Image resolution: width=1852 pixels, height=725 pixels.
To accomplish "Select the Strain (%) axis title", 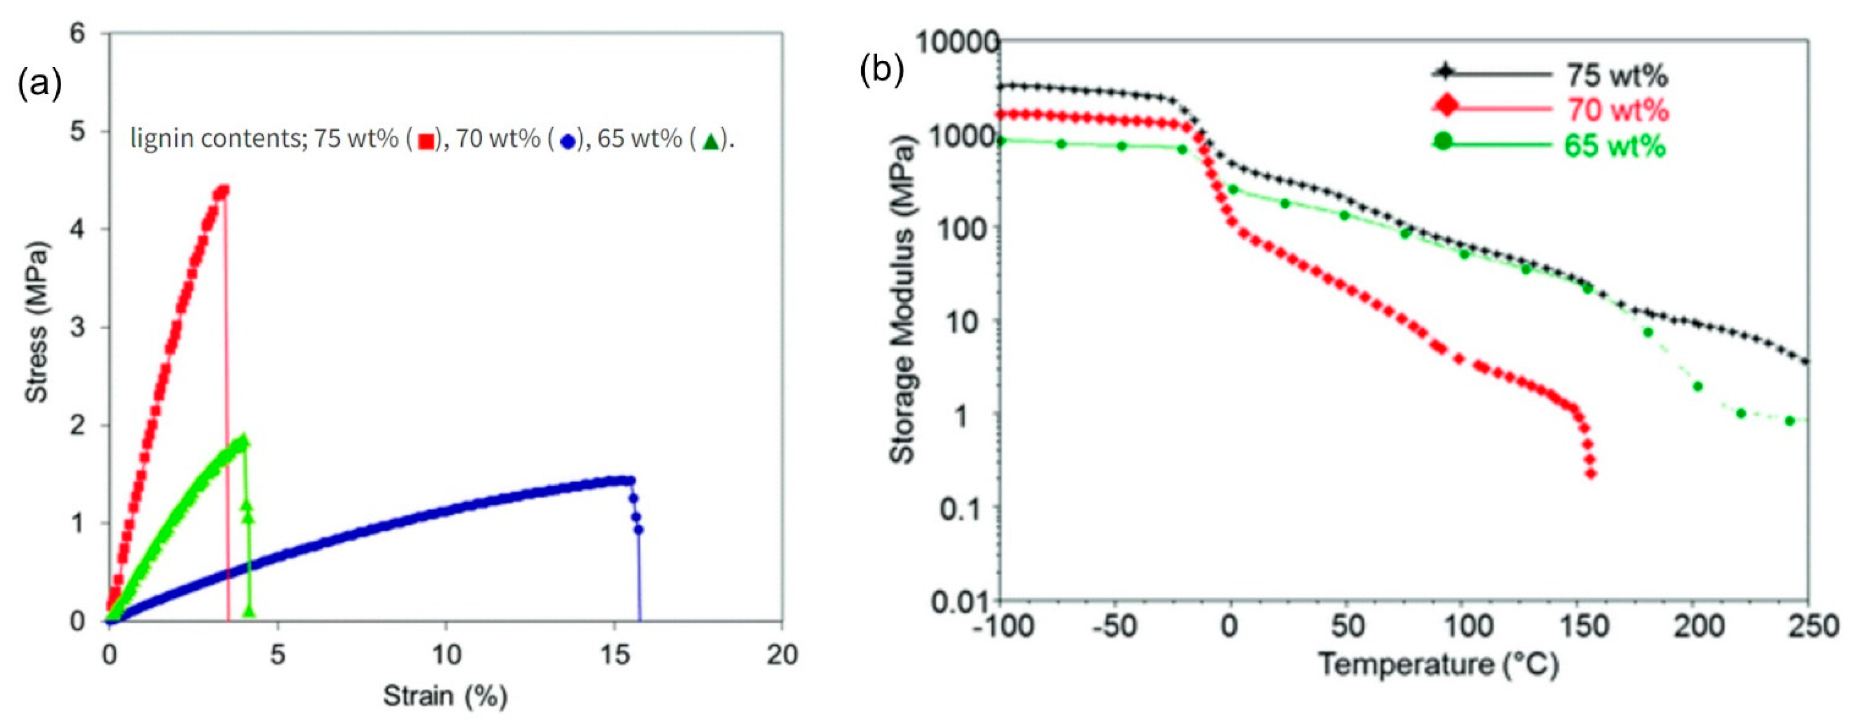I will (x=445, y=695).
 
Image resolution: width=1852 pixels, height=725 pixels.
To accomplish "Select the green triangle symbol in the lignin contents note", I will (x=710, y=142).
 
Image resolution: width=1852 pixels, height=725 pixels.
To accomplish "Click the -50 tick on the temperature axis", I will (x=1114, y=626).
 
